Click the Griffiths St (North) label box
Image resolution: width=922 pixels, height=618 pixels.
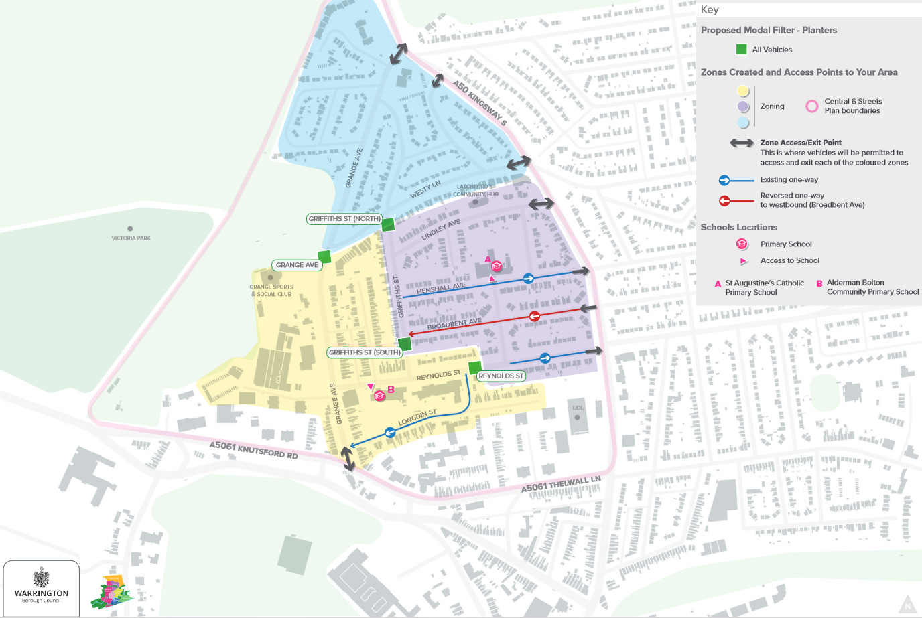point(344,219)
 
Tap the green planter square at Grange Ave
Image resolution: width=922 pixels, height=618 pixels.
point(324,256)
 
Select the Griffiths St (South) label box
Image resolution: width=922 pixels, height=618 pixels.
point(365,352)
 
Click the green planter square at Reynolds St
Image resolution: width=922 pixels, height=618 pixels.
point(474,367)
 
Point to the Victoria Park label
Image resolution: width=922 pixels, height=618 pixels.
point(131,238)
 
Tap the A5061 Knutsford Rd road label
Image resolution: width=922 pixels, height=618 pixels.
point(253,449)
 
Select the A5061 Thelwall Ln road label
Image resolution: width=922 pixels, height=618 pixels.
point(561,484)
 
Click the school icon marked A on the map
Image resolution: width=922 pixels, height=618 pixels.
point(497,266)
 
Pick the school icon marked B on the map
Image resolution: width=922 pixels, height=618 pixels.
point(379,396)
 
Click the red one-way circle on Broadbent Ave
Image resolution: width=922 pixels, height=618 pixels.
point(534,316)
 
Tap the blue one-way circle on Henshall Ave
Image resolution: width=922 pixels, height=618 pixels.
point(528,278)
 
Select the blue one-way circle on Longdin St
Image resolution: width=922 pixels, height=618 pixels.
point(389,433)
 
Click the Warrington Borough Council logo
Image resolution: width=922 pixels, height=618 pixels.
point(42,586)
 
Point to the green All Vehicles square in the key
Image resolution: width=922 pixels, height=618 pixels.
point(742,49)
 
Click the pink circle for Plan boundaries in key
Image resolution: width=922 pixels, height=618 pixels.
point(811,106)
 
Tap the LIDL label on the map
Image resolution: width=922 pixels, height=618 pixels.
point(578,408)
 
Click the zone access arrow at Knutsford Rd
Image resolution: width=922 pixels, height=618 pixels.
point(348,459)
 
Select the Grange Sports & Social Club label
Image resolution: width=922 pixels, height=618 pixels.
point(271,290)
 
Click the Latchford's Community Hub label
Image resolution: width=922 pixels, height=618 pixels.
point(475,191)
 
